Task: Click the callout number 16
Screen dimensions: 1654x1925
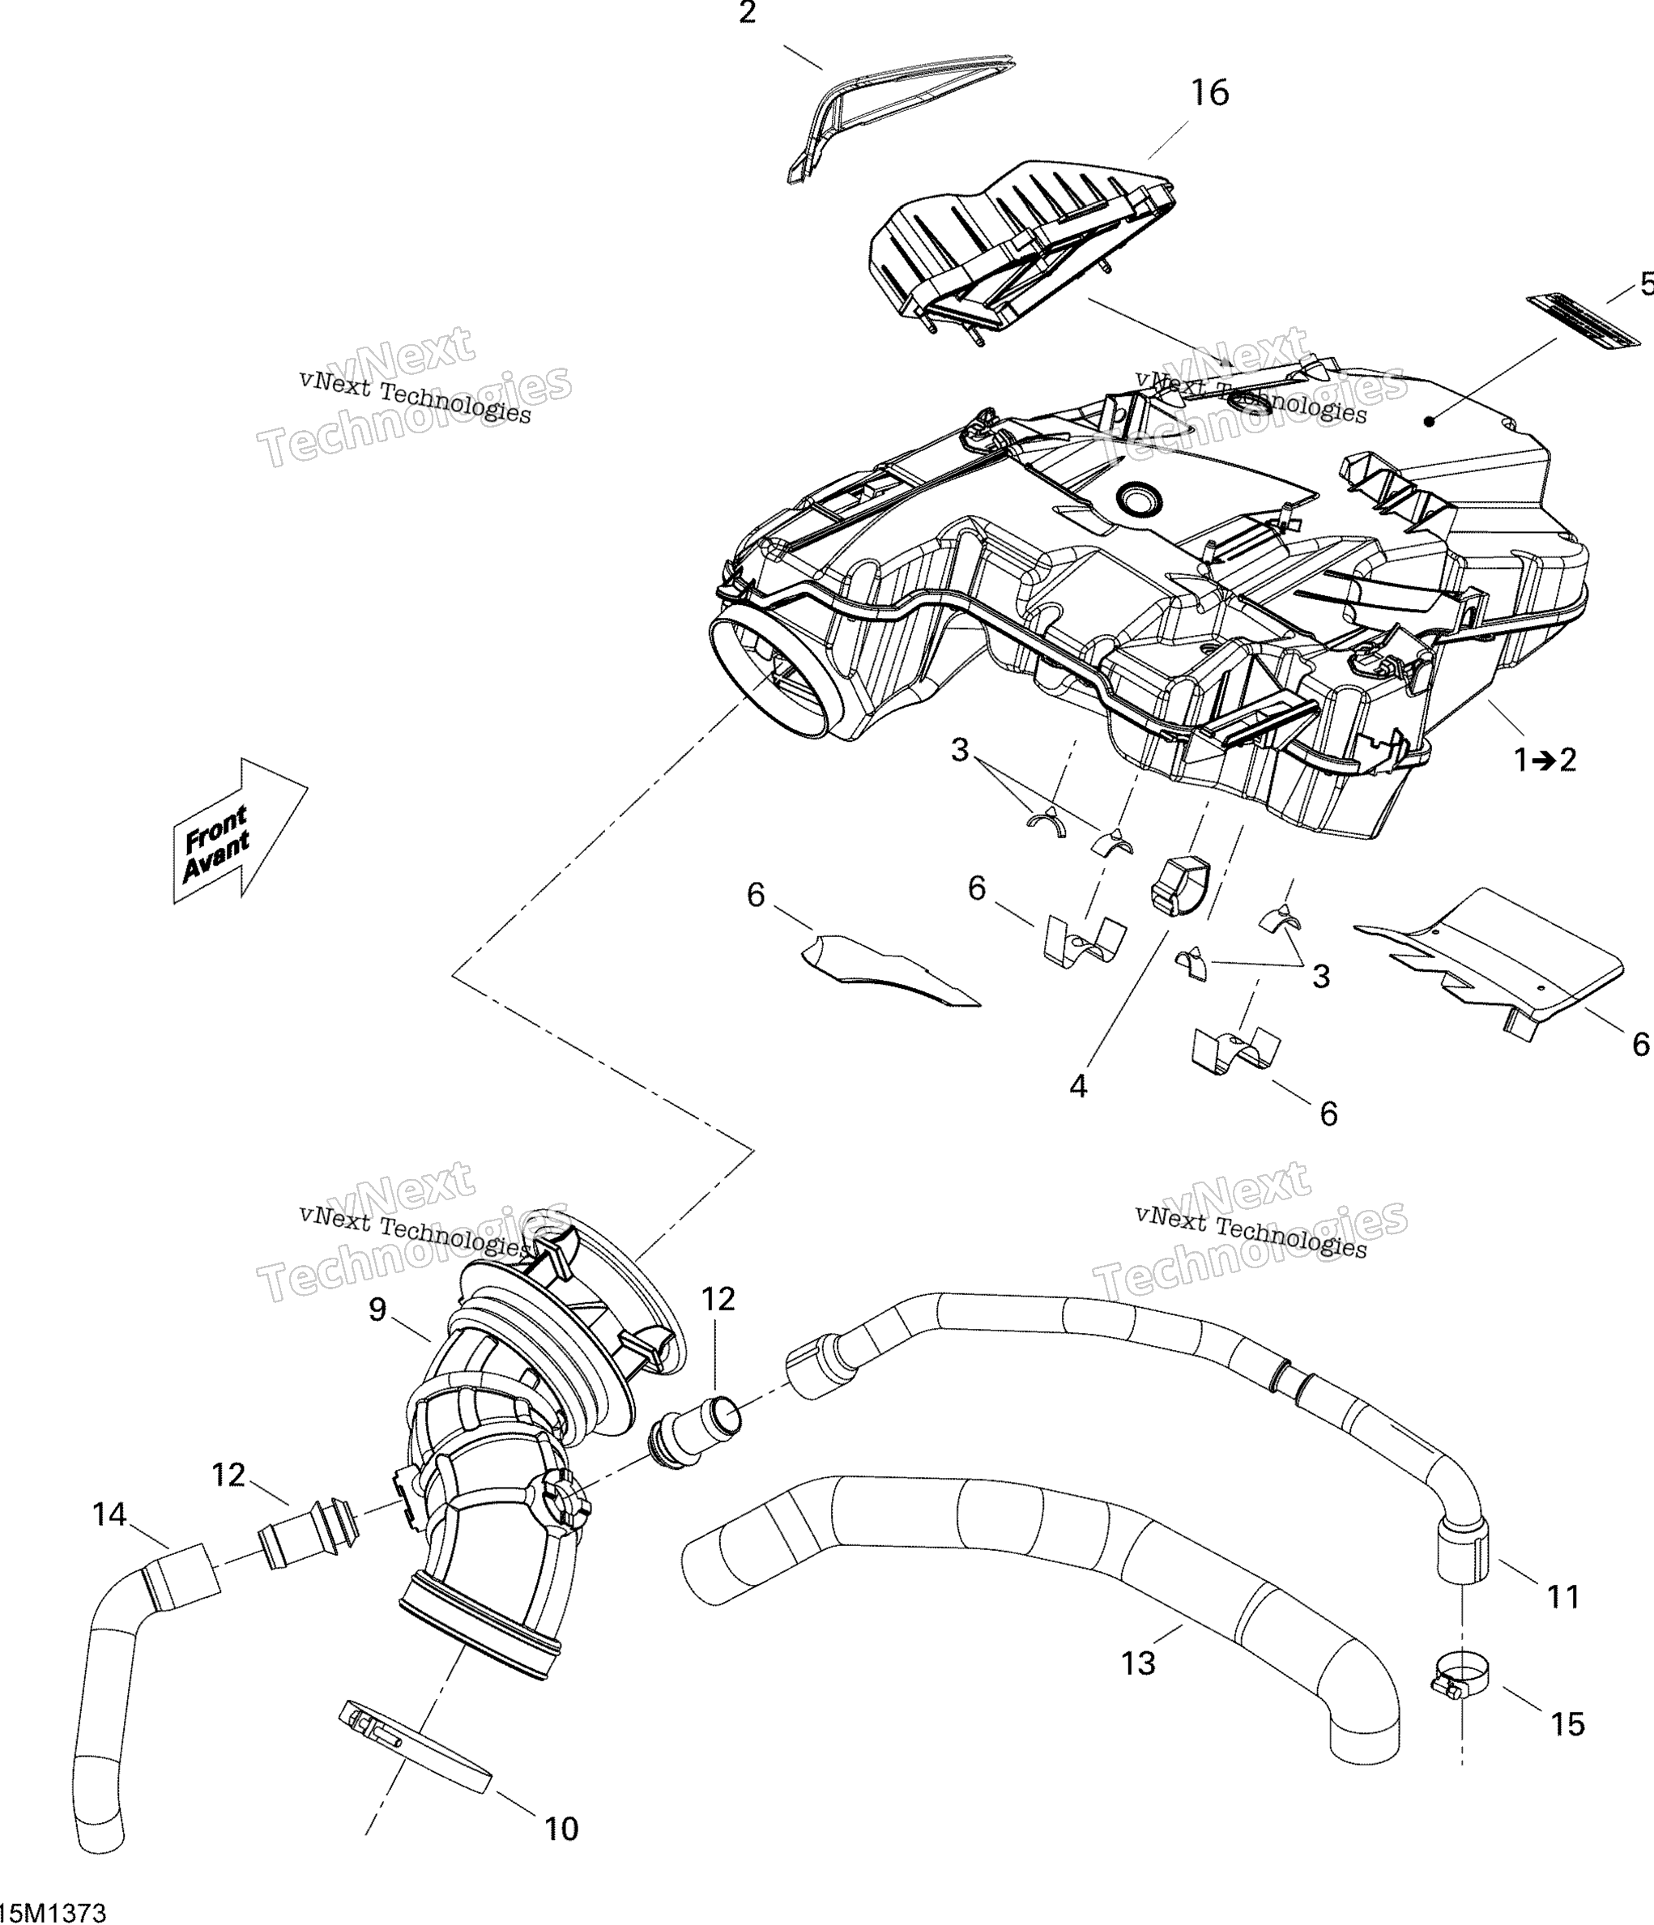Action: [x=1210, y=93]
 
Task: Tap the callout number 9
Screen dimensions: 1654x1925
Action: [x=377, y=1310]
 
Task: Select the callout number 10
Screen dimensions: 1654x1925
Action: [x=561, y=1830]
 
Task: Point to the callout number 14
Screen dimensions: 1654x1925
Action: [x=109, y=1515]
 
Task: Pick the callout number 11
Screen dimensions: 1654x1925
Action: [x=1563, y=1597]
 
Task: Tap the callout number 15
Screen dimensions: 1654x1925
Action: [x=1567, y=1724]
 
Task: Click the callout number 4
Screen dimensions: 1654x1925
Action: [x=1078, y=1086]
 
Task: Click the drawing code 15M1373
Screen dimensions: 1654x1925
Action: [x=53, y=1912]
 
